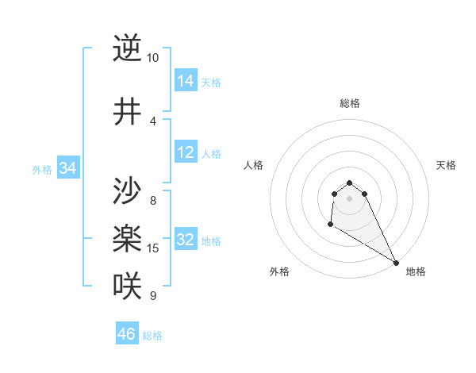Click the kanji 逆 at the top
click(127, 48)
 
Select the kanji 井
click(127, 112)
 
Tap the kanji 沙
click(127, 191)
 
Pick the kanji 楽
click(127, 238)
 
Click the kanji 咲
click(127, 285)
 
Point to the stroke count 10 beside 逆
click(152, 58)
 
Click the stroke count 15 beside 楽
click(153, 248)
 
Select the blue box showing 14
click(186, 81)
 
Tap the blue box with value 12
click(186, 152)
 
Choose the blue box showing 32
click(186, 240)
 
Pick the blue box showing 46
click(126, 334)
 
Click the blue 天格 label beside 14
click(211, 82)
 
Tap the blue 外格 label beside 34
click(42, 169)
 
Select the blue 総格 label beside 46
click(152, 335)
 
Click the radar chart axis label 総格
click(349, 103)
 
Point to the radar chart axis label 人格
click(254, 165)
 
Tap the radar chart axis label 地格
click(416, 272)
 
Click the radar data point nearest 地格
click(396, 263)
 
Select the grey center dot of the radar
click(349, 198)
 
